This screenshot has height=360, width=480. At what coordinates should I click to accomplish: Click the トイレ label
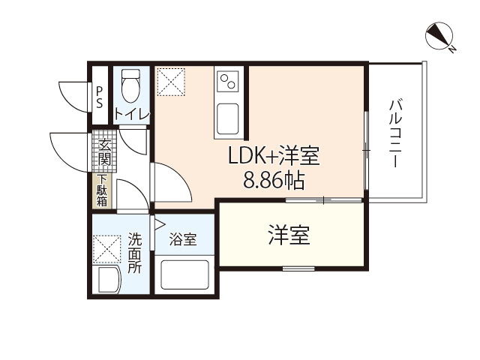pos(132,114)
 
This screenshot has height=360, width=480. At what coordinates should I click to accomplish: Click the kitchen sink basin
pos(229,118)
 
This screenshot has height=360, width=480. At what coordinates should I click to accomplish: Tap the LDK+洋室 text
pos(274,157)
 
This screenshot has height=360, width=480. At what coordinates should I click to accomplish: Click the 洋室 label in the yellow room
pos(289,235)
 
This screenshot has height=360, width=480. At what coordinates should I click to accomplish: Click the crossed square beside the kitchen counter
pos(171,81)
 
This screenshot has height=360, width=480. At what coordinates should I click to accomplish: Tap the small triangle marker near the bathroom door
pos(159,223)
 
